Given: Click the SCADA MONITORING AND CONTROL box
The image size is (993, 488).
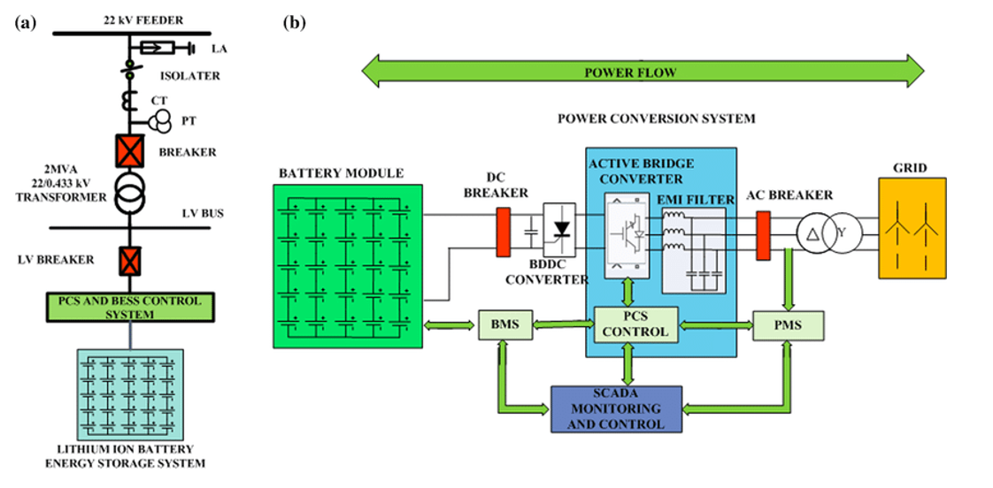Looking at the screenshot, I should pos(618,409).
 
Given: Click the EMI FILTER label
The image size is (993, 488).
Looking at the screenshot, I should pos(698,200).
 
